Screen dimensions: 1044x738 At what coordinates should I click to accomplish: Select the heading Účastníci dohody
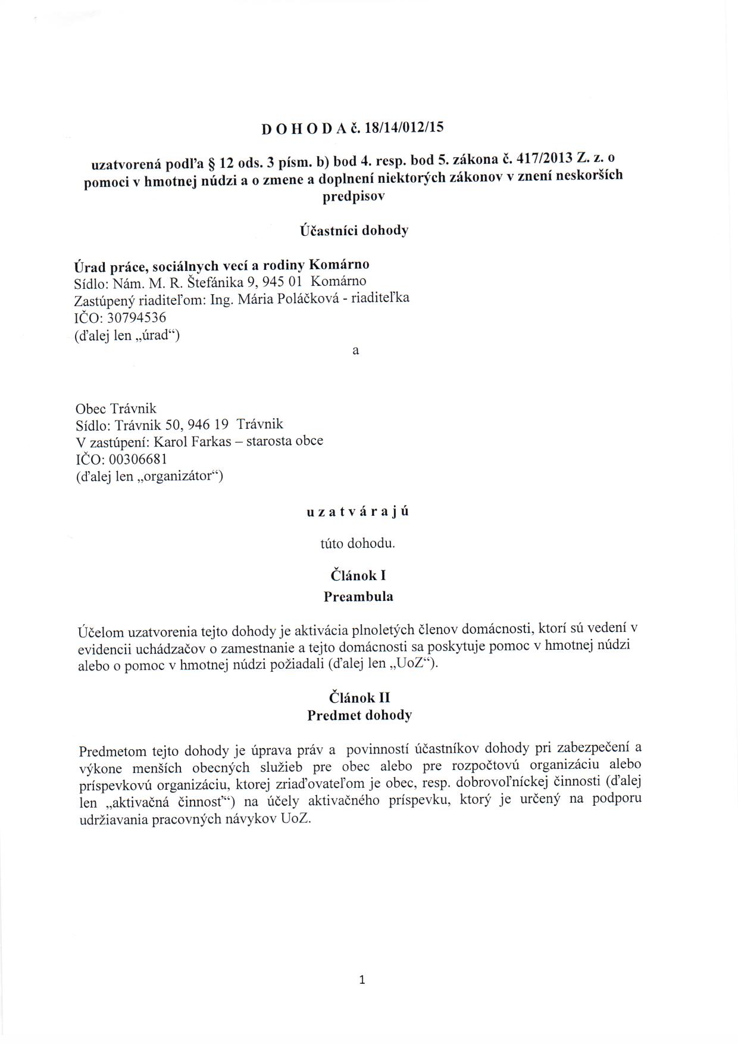click(354, 230)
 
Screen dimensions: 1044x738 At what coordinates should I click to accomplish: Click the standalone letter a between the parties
click(355, 351)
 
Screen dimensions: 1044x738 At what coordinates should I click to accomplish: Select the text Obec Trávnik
click(116, 409)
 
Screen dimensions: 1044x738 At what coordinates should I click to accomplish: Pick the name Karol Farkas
click(190, 441)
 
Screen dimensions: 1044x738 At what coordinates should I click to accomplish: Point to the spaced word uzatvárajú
click(357, 512)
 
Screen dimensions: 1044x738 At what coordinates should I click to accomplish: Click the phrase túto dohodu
click(358, 544)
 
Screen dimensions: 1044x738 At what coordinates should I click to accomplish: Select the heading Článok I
click(358, 575)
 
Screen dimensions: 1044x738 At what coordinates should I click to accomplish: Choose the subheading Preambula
click(358, 596)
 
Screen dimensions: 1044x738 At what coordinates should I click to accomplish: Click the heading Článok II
click(359, 697)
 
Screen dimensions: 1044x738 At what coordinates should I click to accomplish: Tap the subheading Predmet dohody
click(359, 715)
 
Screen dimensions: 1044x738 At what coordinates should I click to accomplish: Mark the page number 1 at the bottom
click(362, 980)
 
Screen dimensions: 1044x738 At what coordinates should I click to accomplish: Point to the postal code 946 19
click(208, 425)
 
